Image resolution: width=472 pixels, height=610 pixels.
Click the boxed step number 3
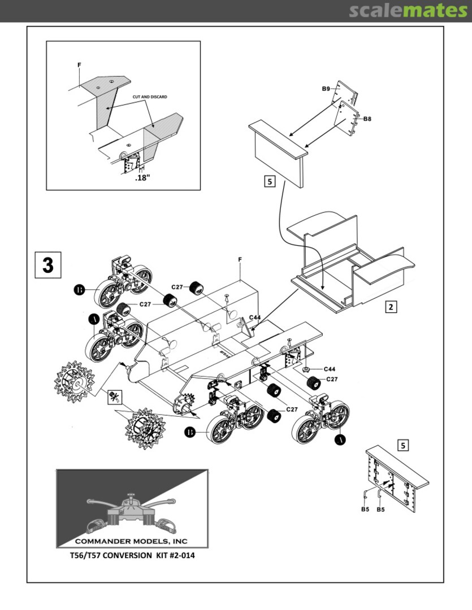click(48, 264)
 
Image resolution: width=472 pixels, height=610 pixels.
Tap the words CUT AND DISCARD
click(150, 97)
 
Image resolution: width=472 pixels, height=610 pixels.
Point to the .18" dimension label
click(142, 178)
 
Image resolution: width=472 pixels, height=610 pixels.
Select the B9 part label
click(326, 89)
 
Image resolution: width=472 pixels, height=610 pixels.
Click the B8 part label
click(367, 119)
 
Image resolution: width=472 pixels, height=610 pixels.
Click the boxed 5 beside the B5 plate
click(403, 446)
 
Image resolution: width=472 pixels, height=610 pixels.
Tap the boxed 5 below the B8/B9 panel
click(269, 181)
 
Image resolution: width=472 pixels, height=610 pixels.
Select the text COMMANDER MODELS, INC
click(132, 541)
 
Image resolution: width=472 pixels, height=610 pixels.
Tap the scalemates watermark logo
click(407, 11)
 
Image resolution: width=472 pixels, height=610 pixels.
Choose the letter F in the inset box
click(79, 65)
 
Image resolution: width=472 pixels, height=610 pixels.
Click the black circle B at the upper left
click(80, 291)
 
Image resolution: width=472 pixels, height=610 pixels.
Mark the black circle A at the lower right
click(341, 438)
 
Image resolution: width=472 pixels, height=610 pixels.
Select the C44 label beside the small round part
click(329, 369)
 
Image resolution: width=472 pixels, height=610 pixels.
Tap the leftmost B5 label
click(366, 509)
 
